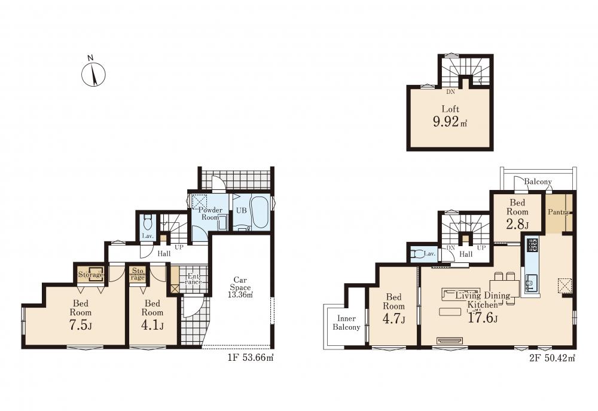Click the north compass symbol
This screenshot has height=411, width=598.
pyautogui.click(x=93, y=72)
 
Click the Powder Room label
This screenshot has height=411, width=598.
pyautogui.click(x=210, y=213)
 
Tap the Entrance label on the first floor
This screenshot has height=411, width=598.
pyautogui.click(x=193, y=278)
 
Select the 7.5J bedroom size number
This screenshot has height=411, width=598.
pyautogui.click(x=81, y=326)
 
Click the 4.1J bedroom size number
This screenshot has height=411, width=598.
pyautogui.click(x=152, y=326)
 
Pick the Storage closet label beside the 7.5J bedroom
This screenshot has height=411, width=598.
pyautogui.click(x=91, y=274)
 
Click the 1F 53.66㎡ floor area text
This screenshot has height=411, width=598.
pyautogui.click(x=251, y=358)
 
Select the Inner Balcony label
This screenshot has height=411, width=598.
pyautogui.click(x=346, y=323)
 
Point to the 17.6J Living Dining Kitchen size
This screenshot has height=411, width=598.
pyautogui.click(x=482, y=317)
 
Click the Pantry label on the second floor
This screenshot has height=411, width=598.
pyautogui.click(x=559, y=212)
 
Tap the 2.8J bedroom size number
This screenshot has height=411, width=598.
pyautogui.click(x=517, y=224)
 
